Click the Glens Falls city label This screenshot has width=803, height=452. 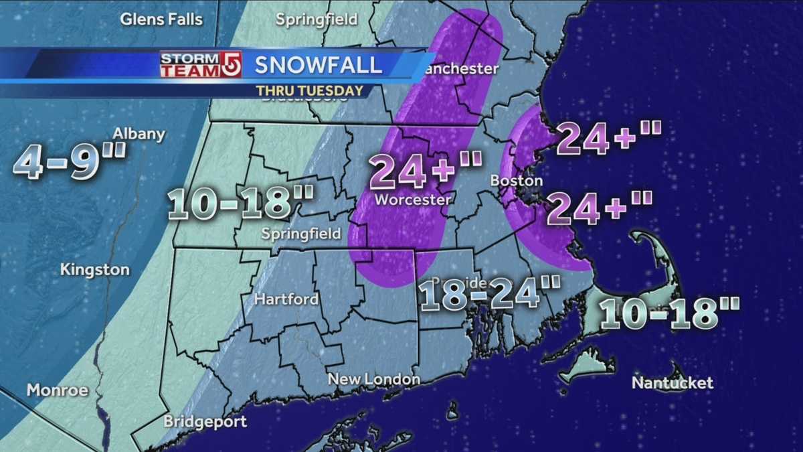click(161, 19)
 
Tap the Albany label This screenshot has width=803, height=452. click(139, 134)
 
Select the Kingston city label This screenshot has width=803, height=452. click(94, 270)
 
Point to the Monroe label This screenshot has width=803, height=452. click(57, 390)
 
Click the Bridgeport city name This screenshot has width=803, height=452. click(205, 422)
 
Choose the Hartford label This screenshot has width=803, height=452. click(286, 299)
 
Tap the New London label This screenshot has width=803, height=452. click(373, 380)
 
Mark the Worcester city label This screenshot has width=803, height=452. click(413, 200)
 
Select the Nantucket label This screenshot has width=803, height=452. click(673, 383)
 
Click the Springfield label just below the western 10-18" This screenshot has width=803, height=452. click(301, 234)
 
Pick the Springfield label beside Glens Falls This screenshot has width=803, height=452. click(317, 19)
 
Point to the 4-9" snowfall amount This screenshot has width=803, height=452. click(69, 162)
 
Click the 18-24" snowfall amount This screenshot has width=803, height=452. click(489, 295)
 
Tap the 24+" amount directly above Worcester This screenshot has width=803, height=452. click(426, 170)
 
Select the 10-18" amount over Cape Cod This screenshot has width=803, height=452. click(669, 313)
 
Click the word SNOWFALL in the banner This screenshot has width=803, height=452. click(318, 65)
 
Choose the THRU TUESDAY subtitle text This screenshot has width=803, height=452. click(309, 90)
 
